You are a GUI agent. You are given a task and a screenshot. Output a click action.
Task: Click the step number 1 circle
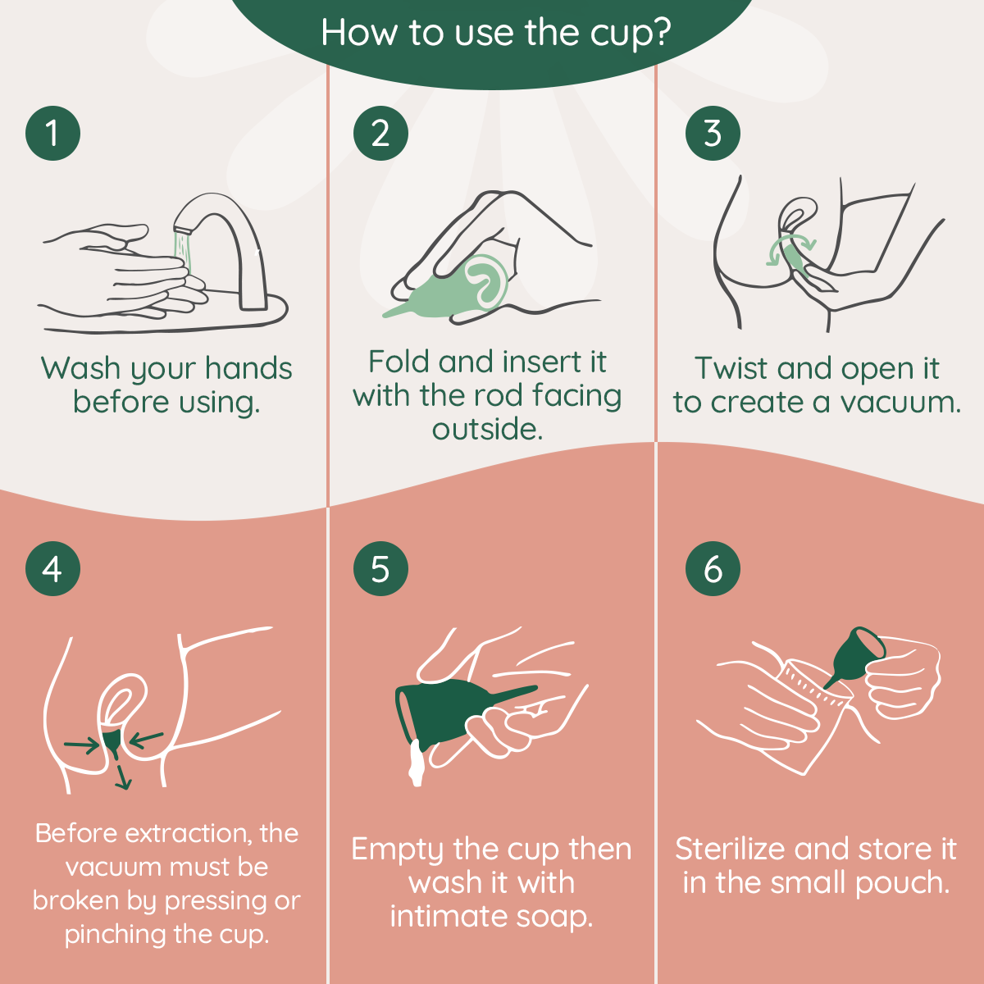[x=52, y=133]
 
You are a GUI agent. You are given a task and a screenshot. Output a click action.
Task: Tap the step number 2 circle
[x=380, y=133]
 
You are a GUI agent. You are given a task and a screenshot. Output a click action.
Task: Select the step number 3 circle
[x=713, y=133]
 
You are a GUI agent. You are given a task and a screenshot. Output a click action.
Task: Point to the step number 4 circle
[x=52, y=568]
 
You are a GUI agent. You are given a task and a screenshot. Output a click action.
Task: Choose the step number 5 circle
[x=380, y=568]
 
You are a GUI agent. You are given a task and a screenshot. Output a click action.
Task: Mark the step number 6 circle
[x=713, y=568]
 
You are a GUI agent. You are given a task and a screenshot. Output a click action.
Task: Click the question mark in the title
[x=661, y=33]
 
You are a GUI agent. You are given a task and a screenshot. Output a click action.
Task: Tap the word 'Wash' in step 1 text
[x=80, y=369]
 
